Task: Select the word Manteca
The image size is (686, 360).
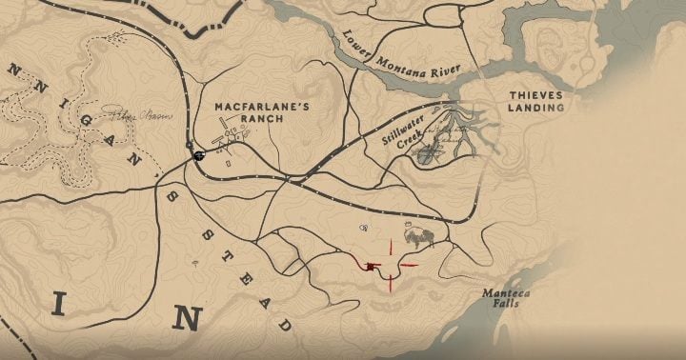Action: (504, 293)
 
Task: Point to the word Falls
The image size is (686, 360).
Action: (505, 308)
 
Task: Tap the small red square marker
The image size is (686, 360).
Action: (368, 268)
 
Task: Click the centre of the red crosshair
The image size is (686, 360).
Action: (391, 265)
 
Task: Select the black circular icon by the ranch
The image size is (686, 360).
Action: (198, 155)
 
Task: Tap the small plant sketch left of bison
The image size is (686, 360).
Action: (365, 229)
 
